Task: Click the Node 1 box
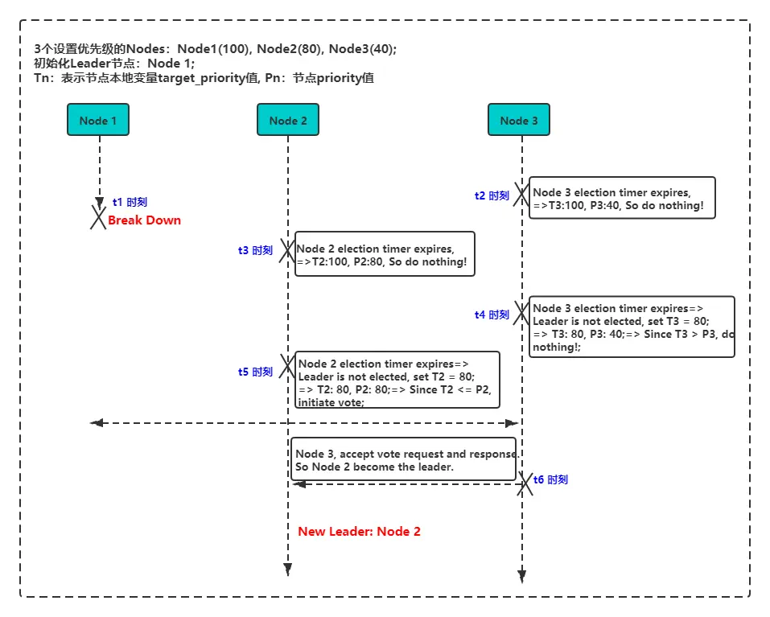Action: tap(98, 121)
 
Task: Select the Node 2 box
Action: tap(287, 121)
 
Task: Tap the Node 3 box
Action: tap(519, 121)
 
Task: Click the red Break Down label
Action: tap(144, 220)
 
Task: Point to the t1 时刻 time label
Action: tap(130, 203)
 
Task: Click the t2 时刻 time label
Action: tap(492, 195)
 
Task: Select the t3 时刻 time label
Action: tap(255, 250)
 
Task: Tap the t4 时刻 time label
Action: tap(492, 315)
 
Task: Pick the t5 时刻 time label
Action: tap(255, 372)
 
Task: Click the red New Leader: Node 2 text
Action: tap(359, 532)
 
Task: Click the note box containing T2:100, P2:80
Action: tap(385, 254)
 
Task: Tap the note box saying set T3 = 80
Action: tap(632, 327)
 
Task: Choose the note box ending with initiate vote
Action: tap(397, 380)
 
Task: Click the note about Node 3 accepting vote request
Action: tap(406, 459)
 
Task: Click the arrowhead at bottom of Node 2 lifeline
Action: tap(287, 570)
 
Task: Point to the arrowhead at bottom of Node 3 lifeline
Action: tap(521, 575)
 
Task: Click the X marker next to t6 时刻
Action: tap(526, 483)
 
